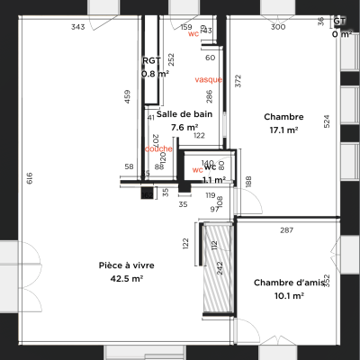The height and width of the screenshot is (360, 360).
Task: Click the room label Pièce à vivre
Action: coord(127,265)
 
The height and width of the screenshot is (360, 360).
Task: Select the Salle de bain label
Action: coord(184,114)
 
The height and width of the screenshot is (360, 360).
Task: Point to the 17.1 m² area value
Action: coord(283,130)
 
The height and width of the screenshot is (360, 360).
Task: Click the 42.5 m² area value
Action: coord(127,279)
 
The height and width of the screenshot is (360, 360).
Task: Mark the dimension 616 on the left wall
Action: coord(29,178)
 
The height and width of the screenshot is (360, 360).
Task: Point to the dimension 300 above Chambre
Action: coord(278,27)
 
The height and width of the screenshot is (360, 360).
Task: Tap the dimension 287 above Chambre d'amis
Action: coord(286,230)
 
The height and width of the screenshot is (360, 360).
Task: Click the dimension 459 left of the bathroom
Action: coord(127,96)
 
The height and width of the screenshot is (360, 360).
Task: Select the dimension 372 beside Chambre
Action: coord(238,81)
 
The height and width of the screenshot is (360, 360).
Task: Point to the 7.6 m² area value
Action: coord(184,128)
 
